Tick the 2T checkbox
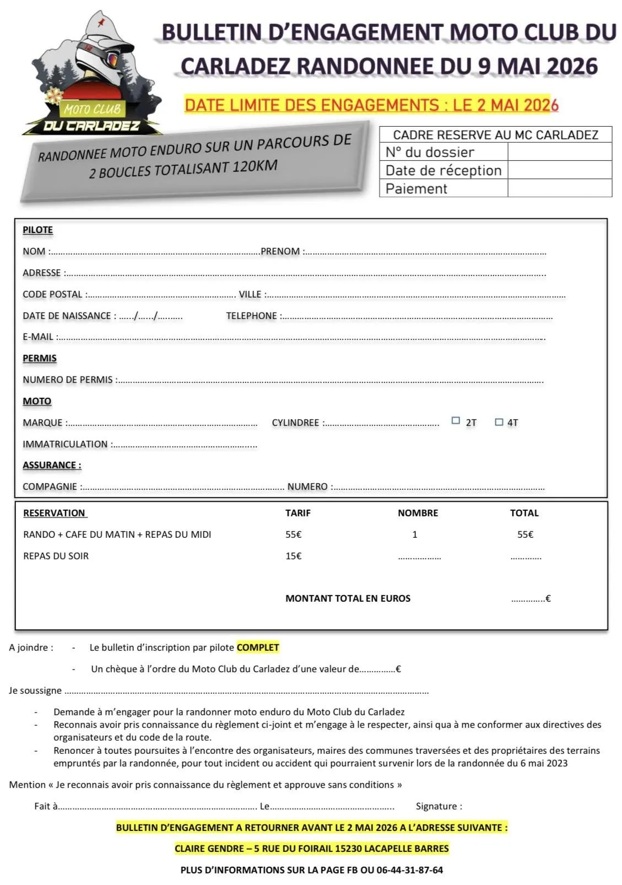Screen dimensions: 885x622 [x=456, y=421]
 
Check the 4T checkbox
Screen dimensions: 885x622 [x=499, y=422]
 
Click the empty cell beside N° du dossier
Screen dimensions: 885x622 [x=559, y=152]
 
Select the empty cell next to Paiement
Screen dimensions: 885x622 [x=559, y=188]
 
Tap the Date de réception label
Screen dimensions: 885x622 [x=443, y=170]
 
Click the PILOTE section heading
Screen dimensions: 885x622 [x=37, y=230]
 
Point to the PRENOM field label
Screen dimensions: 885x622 [x=280, y=251]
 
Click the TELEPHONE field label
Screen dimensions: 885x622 [x=251, y=316]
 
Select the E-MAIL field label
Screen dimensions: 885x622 [x=38, y=337]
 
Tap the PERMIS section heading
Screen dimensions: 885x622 [x=39, y=358]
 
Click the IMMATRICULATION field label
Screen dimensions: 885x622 [x=65, y=444]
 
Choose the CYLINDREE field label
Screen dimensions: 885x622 [x=295, y=423]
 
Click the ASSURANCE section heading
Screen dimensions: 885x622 [x=52, y=465]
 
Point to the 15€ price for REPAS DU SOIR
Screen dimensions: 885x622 [x=293, y=556]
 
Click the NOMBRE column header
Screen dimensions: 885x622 [x=418, y=513]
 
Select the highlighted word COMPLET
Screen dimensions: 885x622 [x=258, y=647]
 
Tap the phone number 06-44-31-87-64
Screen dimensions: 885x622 [x=409, y=870]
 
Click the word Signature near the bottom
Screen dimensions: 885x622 [x=439, y=806]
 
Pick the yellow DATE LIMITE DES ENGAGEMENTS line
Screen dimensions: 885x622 [x=371, y=105]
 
